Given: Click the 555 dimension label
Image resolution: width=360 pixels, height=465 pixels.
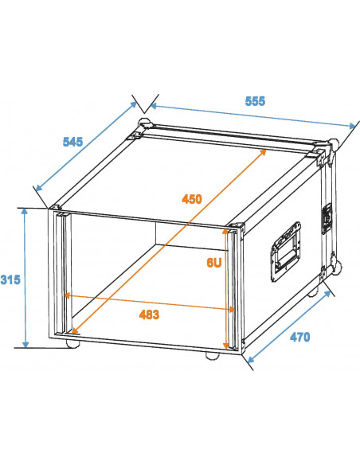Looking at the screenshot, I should pos(255,101).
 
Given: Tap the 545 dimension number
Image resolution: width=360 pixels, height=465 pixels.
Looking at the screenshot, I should pos(72,142).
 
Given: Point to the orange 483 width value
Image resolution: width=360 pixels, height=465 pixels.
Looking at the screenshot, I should pos(148,315).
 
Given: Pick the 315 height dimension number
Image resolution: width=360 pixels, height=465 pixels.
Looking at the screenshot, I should pos(10,279).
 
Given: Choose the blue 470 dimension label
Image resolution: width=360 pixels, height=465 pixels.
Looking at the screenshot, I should pos(299,337).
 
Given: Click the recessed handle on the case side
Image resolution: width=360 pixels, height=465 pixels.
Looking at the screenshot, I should pos(286,250).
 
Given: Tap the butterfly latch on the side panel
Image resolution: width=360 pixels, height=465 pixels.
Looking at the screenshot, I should pos(325,219).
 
